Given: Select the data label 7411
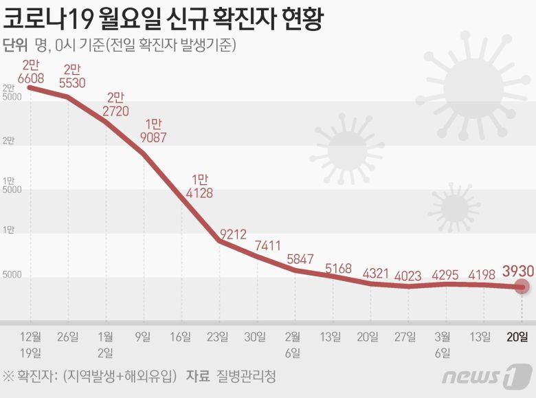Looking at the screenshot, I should (267, 245).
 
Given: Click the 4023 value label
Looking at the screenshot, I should (408, 276).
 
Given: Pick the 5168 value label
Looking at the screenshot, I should (340, 268).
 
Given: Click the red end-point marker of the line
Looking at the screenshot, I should (522, 287).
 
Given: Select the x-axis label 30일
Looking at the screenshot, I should (256, 336).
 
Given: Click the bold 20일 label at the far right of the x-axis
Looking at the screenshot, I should (518, 336).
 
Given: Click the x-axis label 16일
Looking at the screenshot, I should (181, 336).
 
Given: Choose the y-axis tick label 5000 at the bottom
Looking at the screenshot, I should (12, 275).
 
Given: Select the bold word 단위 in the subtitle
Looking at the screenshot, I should (15, 46).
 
